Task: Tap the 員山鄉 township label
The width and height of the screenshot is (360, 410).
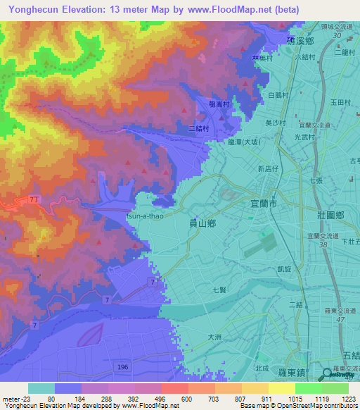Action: pyautogui.click(x=203, y=222)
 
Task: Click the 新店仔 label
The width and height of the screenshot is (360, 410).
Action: pyautogui.click(x=269, y=169)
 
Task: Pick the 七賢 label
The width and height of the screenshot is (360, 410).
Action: pyautogui.click(x=219, y=290)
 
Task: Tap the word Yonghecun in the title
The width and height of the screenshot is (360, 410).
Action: pyautogui.click(x=30, y=9)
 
